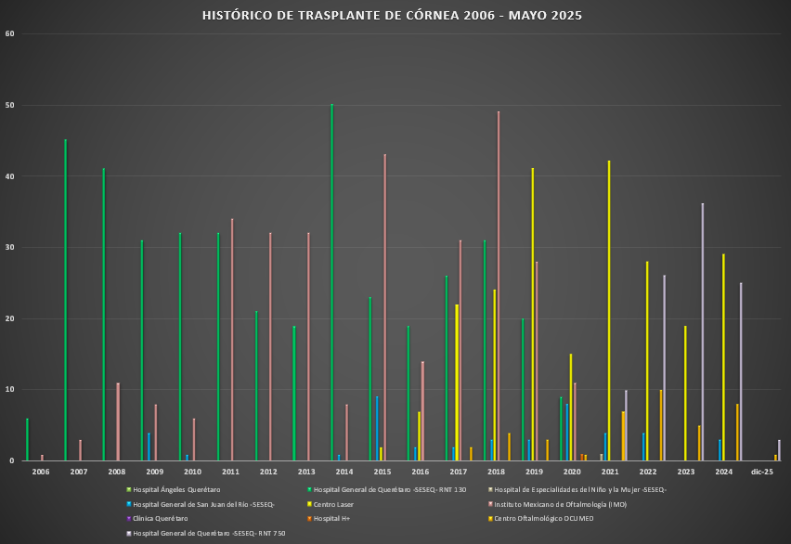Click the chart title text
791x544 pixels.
[x=395, y=16]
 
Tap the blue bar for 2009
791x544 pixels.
[x=149, y=447]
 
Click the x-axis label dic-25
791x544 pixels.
[x=762, y=473]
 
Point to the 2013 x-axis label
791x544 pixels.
[x=306, y=473]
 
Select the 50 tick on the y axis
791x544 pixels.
[x=11, y=106]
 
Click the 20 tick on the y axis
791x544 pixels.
[x=11, y=318]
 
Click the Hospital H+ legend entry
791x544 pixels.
[x=334, y=519]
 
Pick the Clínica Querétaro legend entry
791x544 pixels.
[x=160, y=519]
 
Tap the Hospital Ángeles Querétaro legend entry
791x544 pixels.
[x=177, y=489]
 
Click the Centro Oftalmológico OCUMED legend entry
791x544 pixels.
[x=542, y=519]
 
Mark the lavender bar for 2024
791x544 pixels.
[x=741, y=371]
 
